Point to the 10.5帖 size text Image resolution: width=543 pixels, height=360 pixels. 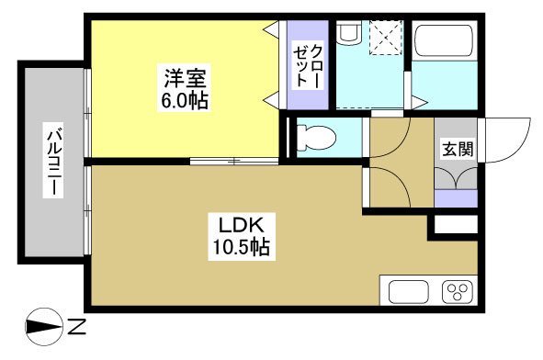pos(243,246)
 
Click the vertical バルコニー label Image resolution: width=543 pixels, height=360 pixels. pos(54,161)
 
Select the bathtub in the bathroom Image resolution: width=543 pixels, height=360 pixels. pos(444,41)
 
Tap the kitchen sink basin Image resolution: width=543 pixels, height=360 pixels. pos(408,293)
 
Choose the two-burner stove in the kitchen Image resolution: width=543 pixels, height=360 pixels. pos(457,293)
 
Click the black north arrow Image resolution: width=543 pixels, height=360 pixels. pos(42,325)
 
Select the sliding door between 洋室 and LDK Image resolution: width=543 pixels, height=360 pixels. pos(233,162)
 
